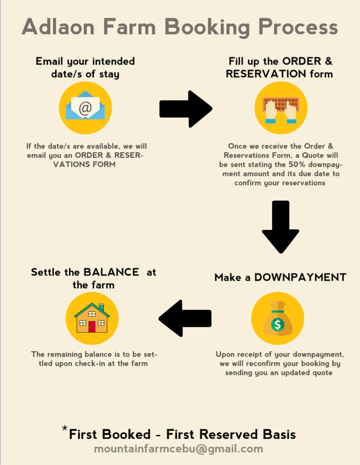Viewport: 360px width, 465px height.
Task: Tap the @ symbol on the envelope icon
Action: click(85, 108)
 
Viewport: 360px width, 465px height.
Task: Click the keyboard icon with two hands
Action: click(281, 110)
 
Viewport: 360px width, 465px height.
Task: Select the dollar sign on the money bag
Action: click(278, 324)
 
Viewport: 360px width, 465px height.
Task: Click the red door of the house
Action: click(92, 327)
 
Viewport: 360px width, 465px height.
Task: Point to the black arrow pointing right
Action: click(186, 109)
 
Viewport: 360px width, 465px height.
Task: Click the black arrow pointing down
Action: click(281, 227)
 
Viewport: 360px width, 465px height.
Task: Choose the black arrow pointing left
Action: click(185, 319)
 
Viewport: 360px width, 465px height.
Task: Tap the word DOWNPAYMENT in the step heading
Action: click(300, 277)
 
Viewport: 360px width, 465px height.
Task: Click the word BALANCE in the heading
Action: click(111, 272)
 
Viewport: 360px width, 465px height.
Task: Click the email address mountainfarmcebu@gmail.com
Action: click(179, 449)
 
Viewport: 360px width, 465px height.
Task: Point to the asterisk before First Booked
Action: click(64, 428)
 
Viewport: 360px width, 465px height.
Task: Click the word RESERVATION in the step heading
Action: click(266, 74)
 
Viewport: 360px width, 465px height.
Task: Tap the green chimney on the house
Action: click(101, 307)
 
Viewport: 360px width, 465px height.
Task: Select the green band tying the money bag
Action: click(278, 311)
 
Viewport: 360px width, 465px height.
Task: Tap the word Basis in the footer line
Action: click(279, 434)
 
